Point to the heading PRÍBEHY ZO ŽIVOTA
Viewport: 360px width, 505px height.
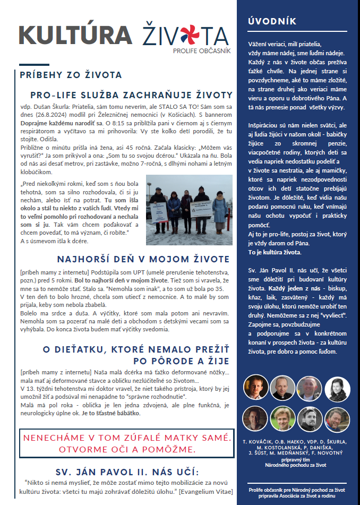(x=71, y=75)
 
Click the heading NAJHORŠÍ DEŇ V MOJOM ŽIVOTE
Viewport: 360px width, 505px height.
(x=143, y=260)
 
